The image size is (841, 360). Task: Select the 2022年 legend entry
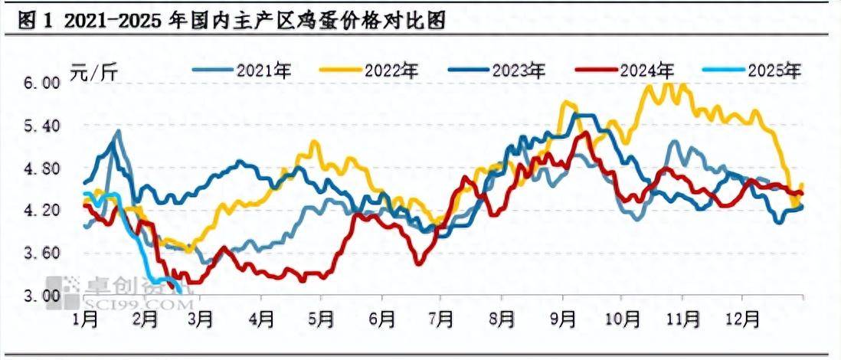click(391, 71)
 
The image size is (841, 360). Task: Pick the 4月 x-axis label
click(261, 316)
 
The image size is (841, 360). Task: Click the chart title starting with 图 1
click(230, 21)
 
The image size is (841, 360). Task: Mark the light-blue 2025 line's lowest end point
click(180, 292)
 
